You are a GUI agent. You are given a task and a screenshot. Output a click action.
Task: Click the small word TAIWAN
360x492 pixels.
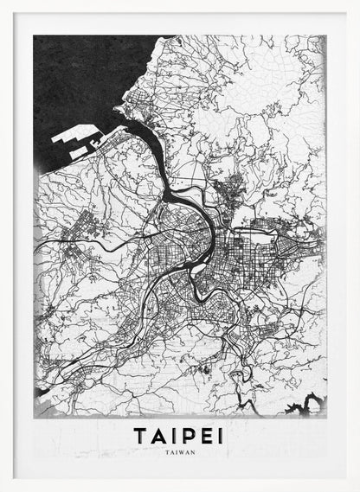tap(179, 451)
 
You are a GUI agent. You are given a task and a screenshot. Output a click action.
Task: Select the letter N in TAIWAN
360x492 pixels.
tap(193, 451)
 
